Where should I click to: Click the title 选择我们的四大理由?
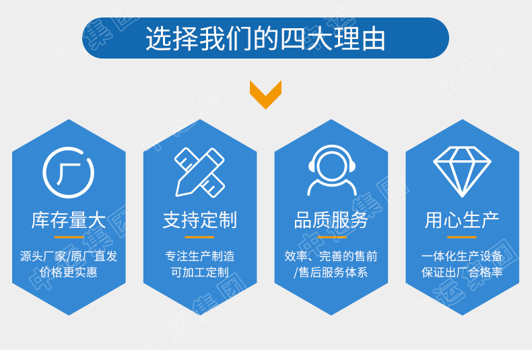click(x=265, y=38)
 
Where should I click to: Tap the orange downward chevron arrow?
click(x=265, y=94)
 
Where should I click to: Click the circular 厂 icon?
click(x=68, y=172)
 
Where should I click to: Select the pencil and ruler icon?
click(x=199, y=172)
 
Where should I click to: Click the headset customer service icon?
click(x=331, y=171)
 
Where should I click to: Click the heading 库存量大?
click(x=68, y=220)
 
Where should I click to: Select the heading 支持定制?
click(x=199, y=220)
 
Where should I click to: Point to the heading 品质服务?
click(x=331, y=220)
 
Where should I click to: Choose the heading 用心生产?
click(x=462, y=220)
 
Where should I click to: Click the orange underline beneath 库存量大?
click(x=68, y=237)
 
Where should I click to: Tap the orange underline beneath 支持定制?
click(x=199, y=237)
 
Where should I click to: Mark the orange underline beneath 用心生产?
click(x=462, y=237)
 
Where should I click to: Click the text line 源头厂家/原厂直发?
click(x=68, y=256)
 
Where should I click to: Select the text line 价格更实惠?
click(x=68, y=273)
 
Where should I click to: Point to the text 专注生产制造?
click(x=199, y=256)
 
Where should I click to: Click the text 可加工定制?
click(x=199, y=273)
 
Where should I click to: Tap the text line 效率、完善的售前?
click(x=331, y=256)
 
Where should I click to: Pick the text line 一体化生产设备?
click(x=462, y=256)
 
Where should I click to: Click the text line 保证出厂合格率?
click(x=462, y=273)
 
